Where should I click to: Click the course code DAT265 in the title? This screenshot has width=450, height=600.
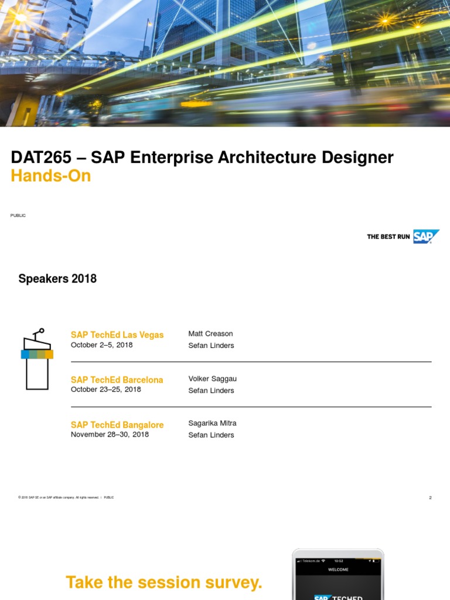[x=40, y=158]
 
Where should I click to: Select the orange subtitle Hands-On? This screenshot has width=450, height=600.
[x=51, y=176]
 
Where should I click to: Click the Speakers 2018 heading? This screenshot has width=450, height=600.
[x=57, y=279]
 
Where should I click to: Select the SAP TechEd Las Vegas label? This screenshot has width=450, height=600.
[x=117, y=335]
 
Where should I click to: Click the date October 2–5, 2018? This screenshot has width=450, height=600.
[x=101, y=345]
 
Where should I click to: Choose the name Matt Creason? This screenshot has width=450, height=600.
[x=210, y=334]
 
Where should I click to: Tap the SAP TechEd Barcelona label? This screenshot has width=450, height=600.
[x=117, y=380]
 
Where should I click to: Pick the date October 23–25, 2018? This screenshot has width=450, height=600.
[x=105, y=390]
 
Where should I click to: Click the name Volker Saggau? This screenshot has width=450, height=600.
[x=212, y=379]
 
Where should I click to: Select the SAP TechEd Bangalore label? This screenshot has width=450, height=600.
[x=117, y=425]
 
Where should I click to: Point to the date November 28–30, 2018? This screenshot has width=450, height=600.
[x=110, y=435]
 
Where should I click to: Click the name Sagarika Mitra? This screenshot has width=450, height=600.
[x=212, y=424]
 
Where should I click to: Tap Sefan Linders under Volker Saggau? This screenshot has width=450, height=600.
[x=211, y=391]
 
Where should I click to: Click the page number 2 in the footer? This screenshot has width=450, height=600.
[x=430, y=497]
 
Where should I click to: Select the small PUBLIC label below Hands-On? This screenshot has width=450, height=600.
[x=18, y=216]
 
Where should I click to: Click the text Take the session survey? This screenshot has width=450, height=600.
[x=163, y=582]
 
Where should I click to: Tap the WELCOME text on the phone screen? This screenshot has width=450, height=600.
[x=338, y=570]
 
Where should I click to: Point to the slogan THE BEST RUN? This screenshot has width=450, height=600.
[x=388, y=237]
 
